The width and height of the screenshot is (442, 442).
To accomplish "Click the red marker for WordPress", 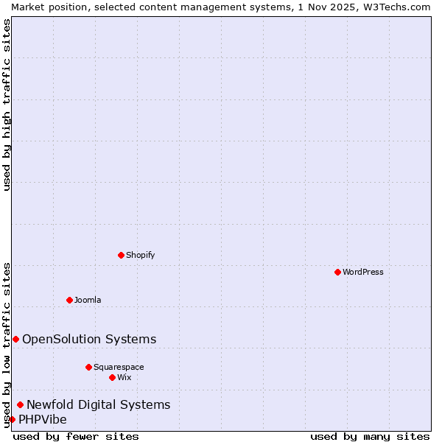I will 337,272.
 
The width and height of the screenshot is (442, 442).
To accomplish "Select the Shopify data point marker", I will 122,255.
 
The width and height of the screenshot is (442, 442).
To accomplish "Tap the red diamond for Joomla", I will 70,300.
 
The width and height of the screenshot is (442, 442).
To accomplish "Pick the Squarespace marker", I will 89,367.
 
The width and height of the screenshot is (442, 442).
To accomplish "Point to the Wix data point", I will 113,377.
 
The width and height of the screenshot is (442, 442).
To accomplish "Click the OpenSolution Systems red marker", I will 15,339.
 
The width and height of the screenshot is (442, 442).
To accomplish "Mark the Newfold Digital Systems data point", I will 21,404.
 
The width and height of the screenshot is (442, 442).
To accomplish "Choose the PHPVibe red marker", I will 12,419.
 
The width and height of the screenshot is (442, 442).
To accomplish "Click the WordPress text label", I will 363,272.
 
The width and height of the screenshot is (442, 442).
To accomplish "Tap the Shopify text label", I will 140,255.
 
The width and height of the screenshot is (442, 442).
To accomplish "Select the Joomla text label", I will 88,300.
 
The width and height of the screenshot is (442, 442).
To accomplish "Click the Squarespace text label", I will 119,367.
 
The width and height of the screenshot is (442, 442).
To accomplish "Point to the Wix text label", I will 124,377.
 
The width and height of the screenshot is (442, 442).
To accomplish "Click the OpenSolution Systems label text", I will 89,339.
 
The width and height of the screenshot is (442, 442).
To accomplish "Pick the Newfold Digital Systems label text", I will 99,404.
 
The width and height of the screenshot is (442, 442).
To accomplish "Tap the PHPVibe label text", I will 43,419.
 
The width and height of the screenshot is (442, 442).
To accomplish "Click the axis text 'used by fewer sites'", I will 76,436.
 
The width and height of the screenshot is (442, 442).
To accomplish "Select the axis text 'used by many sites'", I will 370,436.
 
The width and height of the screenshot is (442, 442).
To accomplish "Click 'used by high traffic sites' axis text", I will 7,105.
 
